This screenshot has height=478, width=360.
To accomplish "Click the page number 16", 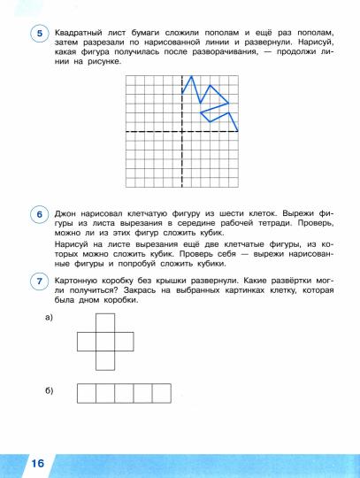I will pyautogui.click(x=36, y=464).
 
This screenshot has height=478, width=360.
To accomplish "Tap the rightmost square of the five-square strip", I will pyautogui.click(x=161, y=393).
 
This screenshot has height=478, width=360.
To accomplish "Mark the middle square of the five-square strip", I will pyautogui.click(x=124, y=393).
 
